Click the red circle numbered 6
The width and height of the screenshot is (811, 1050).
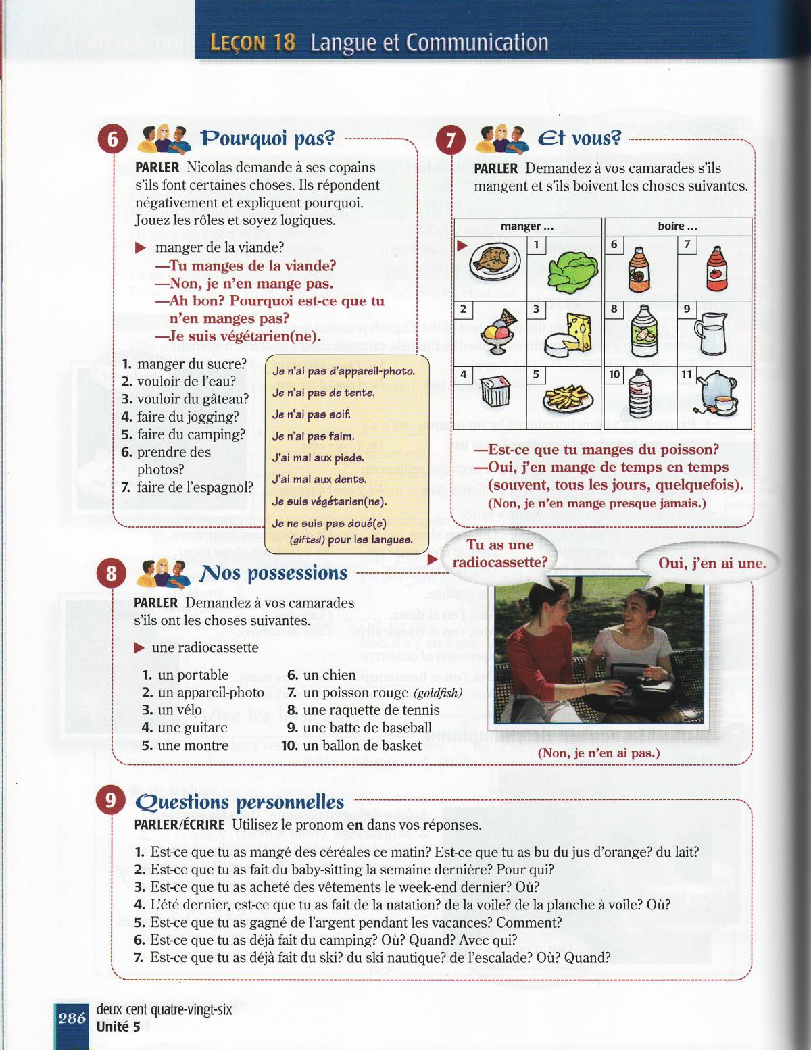112,139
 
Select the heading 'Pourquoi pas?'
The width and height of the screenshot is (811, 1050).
268,139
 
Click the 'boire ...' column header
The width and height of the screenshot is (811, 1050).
677,226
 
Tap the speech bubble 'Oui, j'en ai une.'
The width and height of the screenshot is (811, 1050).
712,563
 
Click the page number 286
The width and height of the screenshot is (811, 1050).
71,1018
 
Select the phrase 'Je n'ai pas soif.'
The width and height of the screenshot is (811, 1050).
311,414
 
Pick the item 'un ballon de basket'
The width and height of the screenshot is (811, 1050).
362,745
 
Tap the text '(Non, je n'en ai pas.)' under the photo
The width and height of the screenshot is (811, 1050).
599,753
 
